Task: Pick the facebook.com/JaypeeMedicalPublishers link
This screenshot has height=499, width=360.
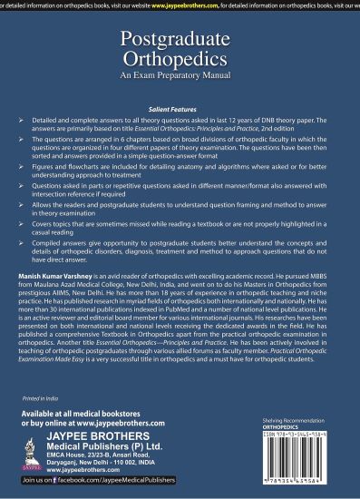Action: point(122,487)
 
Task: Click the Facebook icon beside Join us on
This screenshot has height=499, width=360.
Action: point(63,487)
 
